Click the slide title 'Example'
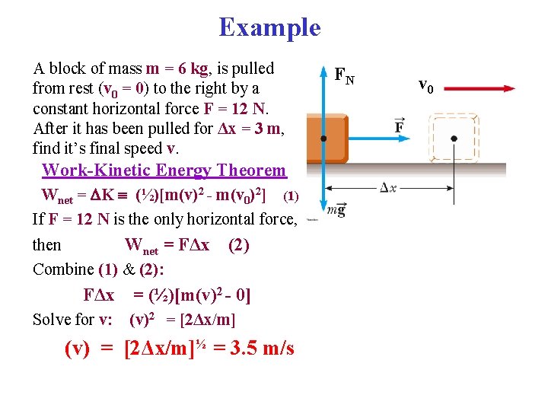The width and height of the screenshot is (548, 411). click(x=269, y=27)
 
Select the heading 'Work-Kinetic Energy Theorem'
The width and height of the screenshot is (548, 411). click(x=164, y=170)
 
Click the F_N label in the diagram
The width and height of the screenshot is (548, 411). click(x=345, y=75)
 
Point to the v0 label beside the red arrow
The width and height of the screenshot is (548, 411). click(x=426, y=85)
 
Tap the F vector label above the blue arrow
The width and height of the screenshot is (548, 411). click(x=400, y=126)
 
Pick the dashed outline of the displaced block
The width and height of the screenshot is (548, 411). click(x=454, y=138)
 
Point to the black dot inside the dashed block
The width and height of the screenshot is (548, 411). click(x=454, y=139)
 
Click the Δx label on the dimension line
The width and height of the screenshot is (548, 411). click(x=388, y=188)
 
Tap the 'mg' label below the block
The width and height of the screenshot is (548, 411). click(x=336, y=210)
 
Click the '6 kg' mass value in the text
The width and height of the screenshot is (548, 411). click(x=190, y=68)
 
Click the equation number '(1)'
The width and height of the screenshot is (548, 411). click(x=291, y=196)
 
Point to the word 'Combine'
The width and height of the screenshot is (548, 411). click(x=64, y=269)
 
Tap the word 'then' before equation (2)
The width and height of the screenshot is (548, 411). click(x=47, y=245)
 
